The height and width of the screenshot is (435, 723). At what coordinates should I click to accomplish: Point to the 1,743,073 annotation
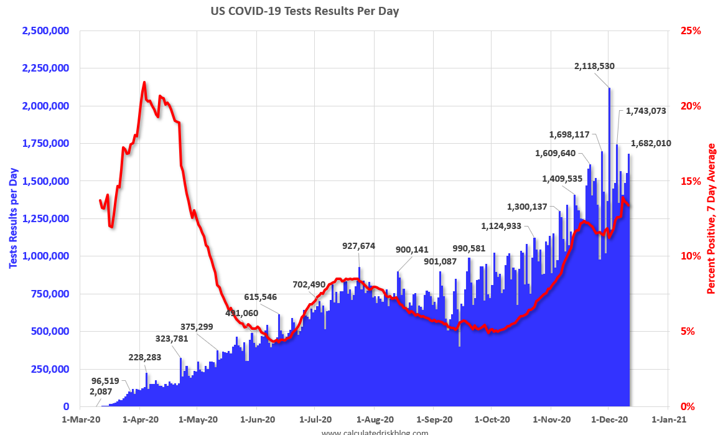pos(646,111)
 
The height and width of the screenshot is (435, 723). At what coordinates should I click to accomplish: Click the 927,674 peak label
pos(359,246)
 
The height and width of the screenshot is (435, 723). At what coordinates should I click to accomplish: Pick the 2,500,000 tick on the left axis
pos(45,30)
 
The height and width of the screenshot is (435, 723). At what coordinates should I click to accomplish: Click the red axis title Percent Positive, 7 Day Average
pos(711,219)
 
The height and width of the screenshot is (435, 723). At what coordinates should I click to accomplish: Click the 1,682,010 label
pos(651,143)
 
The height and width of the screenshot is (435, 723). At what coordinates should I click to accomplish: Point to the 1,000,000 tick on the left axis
pos(45,256)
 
